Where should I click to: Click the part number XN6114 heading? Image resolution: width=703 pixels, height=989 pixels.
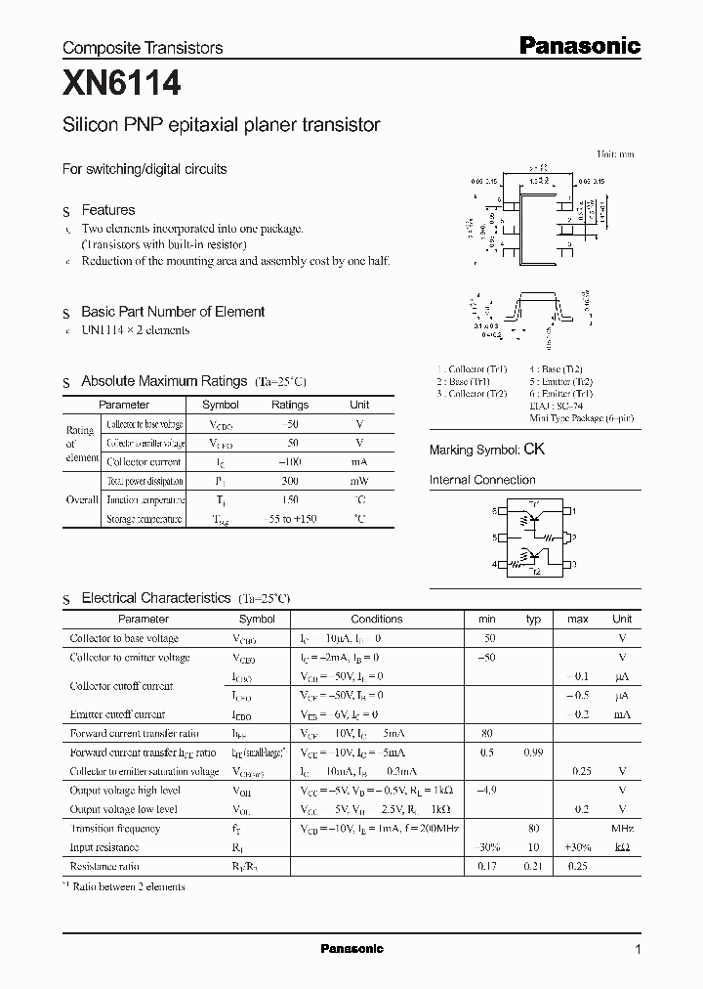point(121,85)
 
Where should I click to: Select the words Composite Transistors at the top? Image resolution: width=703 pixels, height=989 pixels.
point(143,48)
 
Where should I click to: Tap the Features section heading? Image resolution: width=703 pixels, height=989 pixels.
point(107,210)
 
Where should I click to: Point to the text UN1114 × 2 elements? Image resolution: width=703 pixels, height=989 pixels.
point(135,329)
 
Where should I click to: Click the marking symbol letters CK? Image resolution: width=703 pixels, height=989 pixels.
point(534,450)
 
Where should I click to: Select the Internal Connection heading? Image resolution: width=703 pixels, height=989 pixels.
point(482,480)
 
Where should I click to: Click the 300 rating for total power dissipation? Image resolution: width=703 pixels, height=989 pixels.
point(290,481)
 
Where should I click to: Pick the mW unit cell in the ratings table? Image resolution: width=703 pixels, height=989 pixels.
point(359,481)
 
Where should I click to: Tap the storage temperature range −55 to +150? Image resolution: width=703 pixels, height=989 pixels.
point(290,519)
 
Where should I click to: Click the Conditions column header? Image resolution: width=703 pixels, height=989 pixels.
point(376,619)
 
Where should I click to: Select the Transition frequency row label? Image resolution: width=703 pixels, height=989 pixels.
point(115,828)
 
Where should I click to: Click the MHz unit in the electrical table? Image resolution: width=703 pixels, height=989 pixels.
point(622,828)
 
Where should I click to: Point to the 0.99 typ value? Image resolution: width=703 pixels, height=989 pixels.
point(533,752)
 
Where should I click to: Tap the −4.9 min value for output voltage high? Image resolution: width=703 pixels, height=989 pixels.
point(486,790)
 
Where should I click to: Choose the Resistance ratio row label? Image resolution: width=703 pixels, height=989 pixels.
point(104,866)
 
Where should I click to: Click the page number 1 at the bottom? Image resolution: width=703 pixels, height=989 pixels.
point(638,950)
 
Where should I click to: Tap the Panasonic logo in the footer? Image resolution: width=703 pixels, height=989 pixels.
point(351,949)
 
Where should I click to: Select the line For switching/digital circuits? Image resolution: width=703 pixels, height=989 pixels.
point(145,169)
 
